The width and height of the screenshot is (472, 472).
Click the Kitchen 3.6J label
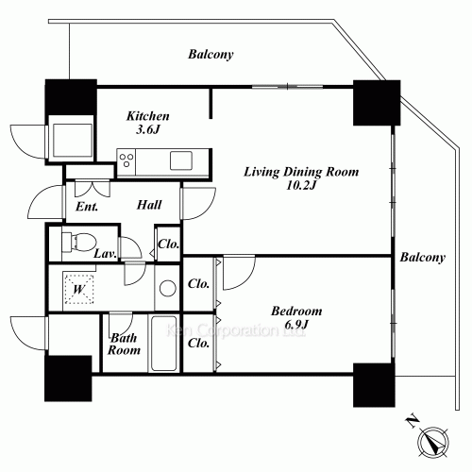pyautogui.click(x=148, y=123)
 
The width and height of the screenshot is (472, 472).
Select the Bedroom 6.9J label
pyautogui.click(x=296, y=317)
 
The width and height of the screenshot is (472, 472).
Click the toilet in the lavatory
pyautogui.click(x=78, y=242)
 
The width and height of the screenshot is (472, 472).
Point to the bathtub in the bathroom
pyautogui.click(x=163, y=344)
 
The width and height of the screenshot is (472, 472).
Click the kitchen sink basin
pyautogui.click(x=181, y=160)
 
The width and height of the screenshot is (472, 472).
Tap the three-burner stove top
pyautogui.click(x=126, y=160)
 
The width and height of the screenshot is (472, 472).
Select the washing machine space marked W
pyautogui.click(x=78, y=289)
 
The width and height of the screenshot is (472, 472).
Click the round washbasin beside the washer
pyautogui.click(x=168, y=288)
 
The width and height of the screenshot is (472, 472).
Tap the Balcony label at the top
pyautogui.click(x=211, y=55)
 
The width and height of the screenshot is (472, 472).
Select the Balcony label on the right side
pyautogui.click(x=423, y=258)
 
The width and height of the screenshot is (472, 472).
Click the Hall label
pyautogui.click(x=149, y=205)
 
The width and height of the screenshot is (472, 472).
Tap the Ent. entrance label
pyautogui.click(x=87, y=207)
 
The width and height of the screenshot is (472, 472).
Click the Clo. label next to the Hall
pyautogui.click(x=169, y=244)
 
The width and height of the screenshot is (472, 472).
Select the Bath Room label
pyautogui.click(x=124, y=344)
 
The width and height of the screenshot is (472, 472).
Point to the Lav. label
pyautogui.click(x=106, y=254)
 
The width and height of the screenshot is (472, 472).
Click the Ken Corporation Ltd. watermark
pyautogui.click(x=235, y=330)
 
